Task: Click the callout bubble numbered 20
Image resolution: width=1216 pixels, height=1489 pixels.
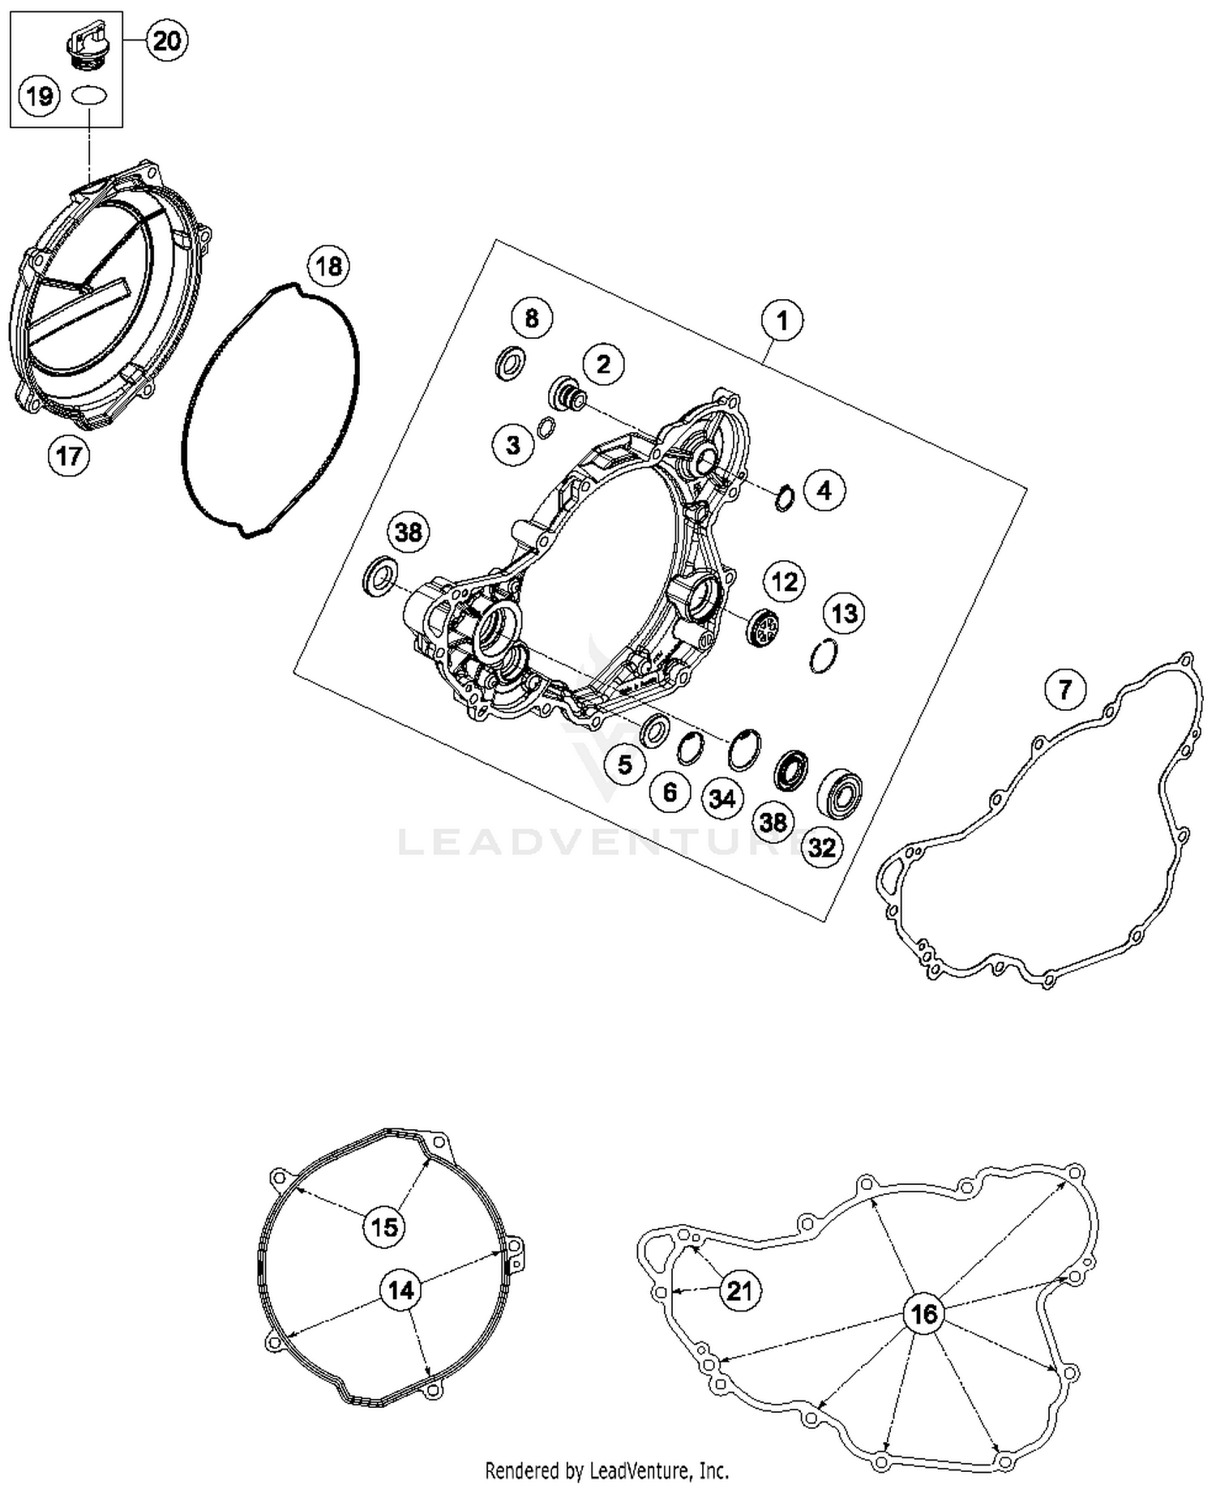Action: click(x=166, y=40)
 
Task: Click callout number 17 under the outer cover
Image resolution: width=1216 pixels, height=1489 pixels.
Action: click(x=69, y=456)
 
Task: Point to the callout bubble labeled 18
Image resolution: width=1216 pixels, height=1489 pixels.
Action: click(x=328, y=266)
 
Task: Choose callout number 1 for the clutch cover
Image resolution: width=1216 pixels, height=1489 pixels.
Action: click(x=782, y=320)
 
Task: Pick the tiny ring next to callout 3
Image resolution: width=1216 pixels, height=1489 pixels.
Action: click(x=546, y=426)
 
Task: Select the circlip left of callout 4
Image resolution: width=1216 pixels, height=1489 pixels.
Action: click(x=784, y=497)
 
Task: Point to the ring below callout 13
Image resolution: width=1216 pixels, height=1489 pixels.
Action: click(x=824, y=655)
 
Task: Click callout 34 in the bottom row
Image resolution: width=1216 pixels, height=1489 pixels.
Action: click(x=721, y=798)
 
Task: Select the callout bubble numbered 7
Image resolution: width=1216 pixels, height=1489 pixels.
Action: click(x=1064, y=689)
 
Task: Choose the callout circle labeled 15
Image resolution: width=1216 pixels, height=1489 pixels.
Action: click(x=384, y=1226)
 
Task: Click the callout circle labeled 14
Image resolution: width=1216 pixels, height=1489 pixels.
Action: click(x=401, y=1290)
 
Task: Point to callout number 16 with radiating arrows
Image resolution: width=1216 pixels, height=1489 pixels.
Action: click(x=924, y=1314)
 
